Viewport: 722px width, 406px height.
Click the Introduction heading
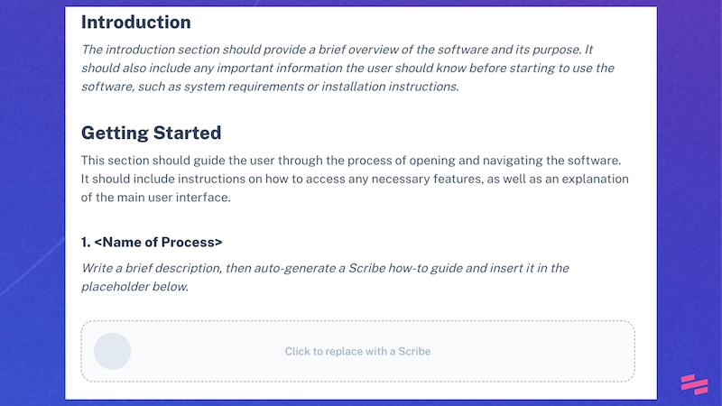click(135, 22)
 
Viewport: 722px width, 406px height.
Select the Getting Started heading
click(151, 133)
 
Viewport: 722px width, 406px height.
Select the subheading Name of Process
click(152, 242)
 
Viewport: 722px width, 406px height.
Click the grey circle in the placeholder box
click(113, 351)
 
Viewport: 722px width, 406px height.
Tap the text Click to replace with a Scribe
click(357, 351)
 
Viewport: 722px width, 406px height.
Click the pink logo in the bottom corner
click(695, 383)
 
